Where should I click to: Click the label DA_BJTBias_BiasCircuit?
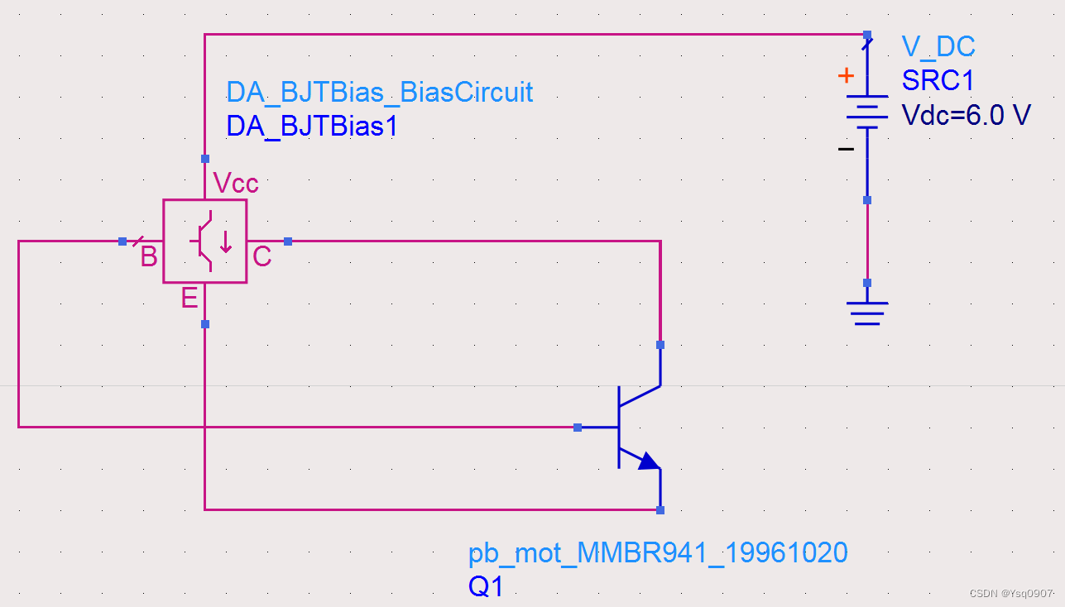click(380, 92)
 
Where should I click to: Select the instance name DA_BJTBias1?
click(311, 126)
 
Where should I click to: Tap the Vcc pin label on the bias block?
click(236, 183)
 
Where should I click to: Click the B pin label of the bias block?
click(149, 257)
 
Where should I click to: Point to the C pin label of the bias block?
click(261, 257)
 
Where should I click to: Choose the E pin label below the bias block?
click(189, 298)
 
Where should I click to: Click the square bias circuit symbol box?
click(204, 241)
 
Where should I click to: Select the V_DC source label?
click(938, 46)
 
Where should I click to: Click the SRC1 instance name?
click(938, 81)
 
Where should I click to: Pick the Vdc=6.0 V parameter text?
click(967, 115)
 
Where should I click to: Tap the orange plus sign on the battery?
click(846, 76)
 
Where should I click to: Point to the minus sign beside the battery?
click(846, 149)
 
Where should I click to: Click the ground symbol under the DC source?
click(867, 312)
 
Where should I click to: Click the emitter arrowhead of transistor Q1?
click(649, 461)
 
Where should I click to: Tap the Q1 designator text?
click(486, 587)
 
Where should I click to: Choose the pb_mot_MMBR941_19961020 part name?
click(658, 553)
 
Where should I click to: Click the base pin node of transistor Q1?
click(578, 428)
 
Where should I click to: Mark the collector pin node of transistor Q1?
click(660, 345)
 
